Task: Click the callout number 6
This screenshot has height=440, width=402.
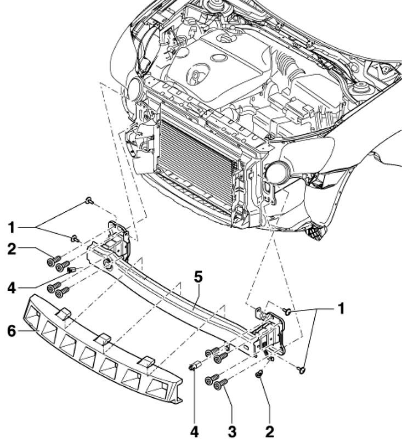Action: coord(12,331)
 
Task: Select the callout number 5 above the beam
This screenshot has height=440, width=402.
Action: coord(198,278)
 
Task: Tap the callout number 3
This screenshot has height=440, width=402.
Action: coord(232,432)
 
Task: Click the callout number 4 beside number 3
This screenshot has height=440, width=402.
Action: coord(194,432)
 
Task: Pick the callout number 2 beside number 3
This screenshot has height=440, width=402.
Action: coord(269,432)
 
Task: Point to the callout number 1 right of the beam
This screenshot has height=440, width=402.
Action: coord(341,309)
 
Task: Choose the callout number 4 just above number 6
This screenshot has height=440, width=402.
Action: coord(12,288)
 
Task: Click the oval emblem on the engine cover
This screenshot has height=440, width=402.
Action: coord(219,58)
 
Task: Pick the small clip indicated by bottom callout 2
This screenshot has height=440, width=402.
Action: coord(259,374)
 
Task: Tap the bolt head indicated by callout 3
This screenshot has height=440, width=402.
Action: coord(217,386)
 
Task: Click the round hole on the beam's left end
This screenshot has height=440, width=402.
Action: coord(107,263)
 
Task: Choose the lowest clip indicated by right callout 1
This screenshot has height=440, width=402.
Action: coord(302,370)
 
